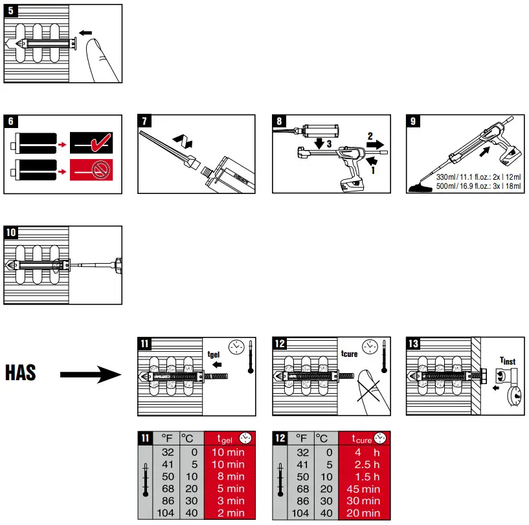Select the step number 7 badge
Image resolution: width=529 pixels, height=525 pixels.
[145, 121]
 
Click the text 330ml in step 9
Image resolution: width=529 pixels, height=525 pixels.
[446, 177]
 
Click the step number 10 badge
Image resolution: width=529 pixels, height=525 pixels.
[12, 232]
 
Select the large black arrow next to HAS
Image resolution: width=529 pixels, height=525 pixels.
[90, 374]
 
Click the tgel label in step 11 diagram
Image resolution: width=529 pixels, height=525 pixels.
[214, 354]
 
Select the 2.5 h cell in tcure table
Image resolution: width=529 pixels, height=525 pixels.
[363, 464]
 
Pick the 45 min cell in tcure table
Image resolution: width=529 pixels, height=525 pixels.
[363, 489]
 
